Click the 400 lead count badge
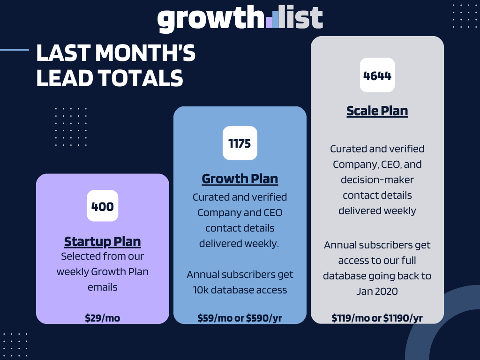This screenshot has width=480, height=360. [102, 206]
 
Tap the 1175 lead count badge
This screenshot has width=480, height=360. [240, 143]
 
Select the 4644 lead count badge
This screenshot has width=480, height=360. [377, 75]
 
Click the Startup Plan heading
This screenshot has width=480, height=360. [102, 241]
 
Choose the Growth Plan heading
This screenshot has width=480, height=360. [240, 179]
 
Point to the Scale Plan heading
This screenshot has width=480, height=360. [377, 111]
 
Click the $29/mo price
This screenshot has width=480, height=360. [102, 318]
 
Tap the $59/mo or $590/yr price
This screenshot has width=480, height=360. [240, 318]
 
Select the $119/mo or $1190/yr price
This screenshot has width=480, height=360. [377, 318]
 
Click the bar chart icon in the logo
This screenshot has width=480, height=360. [273, 19]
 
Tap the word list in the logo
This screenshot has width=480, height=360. [302, 19]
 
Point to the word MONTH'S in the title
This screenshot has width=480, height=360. [146, 53]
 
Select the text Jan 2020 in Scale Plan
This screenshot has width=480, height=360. [377, 291]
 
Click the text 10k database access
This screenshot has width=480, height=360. [240, 290]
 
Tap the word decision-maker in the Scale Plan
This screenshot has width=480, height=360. [377, 180]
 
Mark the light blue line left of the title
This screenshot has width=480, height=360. [14, 49]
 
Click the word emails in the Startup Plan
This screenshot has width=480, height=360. [102, 287]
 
